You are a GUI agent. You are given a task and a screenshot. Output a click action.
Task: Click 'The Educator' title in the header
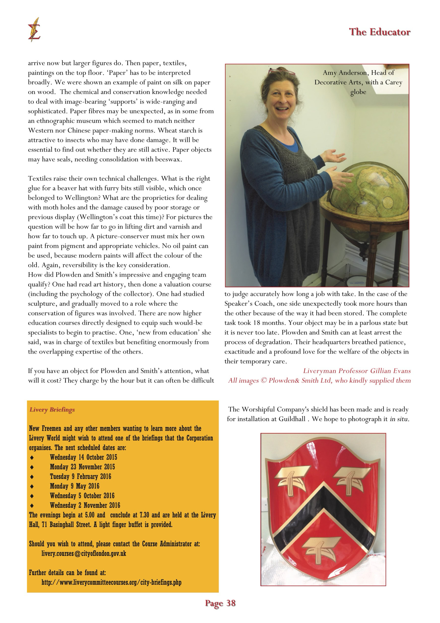pos(379,32)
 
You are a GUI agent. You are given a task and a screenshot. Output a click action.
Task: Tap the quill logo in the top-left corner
pos(34,30)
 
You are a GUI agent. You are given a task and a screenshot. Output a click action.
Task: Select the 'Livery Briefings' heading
pos(52,410)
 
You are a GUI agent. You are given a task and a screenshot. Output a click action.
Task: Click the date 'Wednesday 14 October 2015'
pos(83,457)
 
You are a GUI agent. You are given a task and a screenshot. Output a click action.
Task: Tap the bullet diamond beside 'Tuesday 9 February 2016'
pos(32,477)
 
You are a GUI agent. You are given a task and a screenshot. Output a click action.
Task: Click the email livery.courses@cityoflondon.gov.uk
pos(84,553)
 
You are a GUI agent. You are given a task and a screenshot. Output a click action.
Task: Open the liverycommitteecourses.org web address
pos(111,582)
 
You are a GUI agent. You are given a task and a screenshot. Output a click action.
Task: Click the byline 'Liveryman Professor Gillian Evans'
pos(357,371)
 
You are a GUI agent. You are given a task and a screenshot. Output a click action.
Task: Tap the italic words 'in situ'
pos(399,419)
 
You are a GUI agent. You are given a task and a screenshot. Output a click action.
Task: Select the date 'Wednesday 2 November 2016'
pos(85,505)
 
